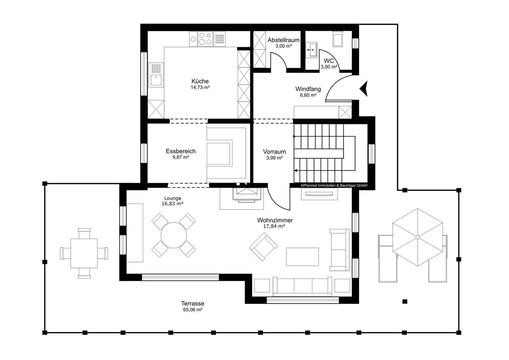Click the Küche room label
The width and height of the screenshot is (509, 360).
[x=200, y=81]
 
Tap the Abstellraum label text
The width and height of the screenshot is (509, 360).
[x=283, y=40]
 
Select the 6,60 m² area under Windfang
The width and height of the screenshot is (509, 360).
[x=308, y=95]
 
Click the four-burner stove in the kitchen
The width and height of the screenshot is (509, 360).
[x=205, y=39]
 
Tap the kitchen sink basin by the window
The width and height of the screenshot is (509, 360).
[x=156, y=80]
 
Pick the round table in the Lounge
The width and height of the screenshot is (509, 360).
[x=174, y=235]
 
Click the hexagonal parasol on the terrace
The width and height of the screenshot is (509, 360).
[x=418, y=237]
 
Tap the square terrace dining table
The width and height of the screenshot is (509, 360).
[x=84, y=253]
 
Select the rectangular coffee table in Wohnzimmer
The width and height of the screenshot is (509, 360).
[x=302, y=257]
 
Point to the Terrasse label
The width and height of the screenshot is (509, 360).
[x=193, y=303]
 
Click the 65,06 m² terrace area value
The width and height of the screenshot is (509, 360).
[x=193, y=309]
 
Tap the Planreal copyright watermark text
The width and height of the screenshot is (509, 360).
[x=334, y=185]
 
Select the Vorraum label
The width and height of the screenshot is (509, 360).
[x=274, y=152]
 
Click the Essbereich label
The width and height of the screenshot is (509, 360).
[x=181, y=151]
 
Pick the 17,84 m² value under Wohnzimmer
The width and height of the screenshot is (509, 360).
[x=274, y=226]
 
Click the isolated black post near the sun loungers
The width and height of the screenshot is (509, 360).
[x=405, y=301]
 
